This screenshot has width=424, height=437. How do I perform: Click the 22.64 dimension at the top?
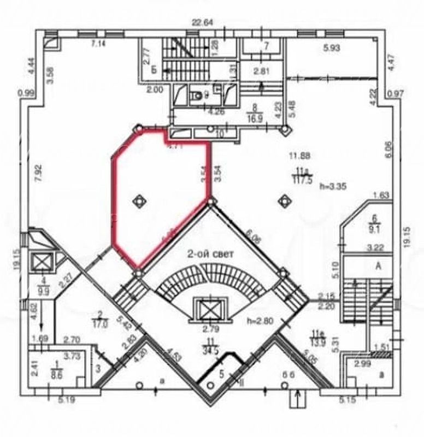[201, 22]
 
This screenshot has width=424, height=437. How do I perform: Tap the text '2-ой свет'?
[210, 254]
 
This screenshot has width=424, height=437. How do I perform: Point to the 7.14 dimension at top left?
[98, 44]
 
